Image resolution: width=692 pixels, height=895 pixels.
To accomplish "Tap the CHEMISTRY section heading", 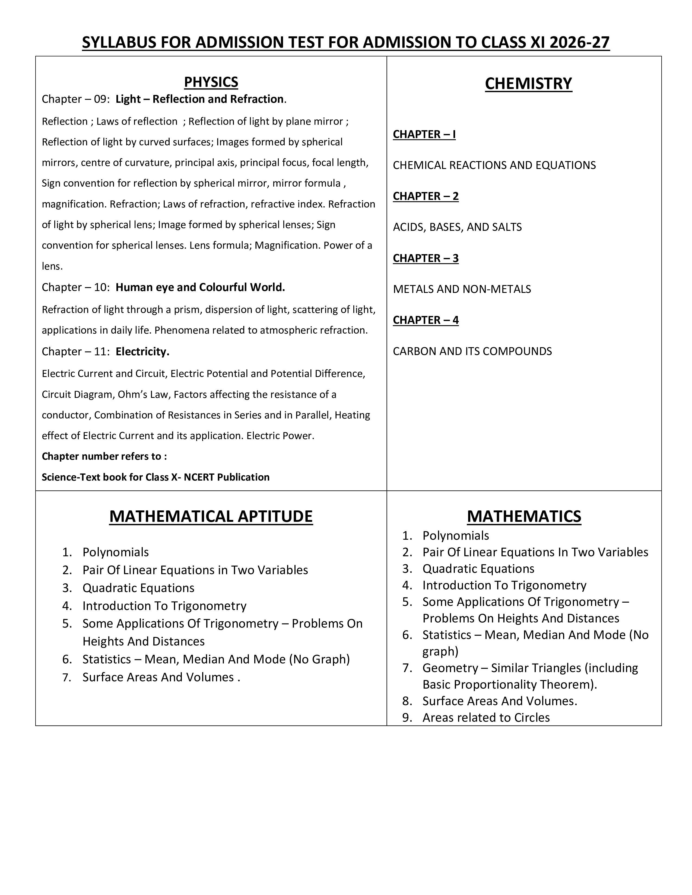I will click(528, 84).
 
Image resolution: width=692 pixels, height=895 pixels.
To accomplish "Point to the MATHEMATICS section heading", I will click(524, 516).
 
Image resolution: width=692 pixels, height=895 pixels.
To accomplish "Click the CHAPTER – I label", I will click(424, 135).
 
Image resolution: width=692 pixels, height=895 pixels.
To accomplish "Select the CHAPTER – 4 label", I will click(426, 320).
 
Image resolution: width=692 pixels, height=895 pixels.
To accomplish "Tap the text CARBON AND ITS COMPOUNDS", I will click(472, 351).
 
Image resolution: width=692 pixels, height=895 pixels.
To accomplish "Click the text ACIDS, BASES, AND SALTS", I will click(457, 227).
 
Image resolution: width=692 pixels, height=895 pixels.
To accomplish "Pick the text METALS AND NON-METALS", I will click(462, 289).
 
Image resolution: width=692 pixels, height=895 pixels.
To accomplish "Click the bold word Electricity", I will click(142, 351).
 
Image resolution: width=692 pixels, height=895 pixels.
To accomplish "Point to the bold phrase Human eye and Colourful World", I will click(200, 287).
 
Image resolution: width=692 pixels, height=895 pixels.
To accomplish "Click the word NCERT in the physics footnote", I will click(199, 477).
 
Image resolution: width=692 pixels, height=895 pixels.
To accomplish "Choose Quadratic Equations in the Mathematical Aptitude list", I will click(138, 588).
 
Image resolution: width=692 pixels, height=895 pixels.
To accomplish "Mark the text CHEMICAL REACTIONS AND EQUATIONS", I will click(494, 165).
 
